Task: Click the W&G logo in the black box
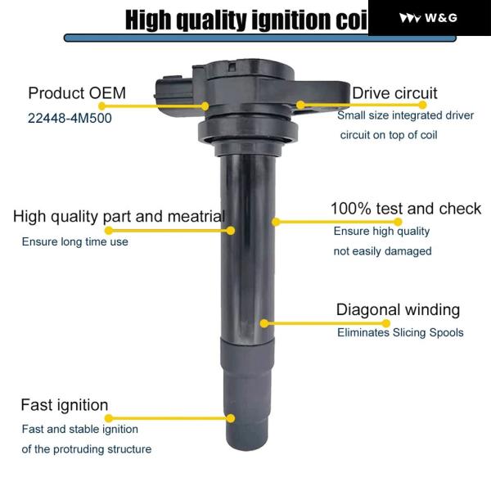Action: pos(428,18)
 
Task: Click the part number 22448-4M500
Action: pos(70,119)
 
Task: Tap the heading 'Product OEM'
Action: pos(77,93)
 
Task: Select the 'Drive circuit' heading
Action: pos(394,93)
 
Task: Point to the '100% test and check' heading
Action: pos(406,209)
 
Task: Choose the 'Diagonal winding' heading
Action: pos(398,309)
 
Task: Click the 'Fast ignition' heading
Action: pos(65,405)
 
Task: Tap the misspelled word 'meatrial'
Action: pos(196,216)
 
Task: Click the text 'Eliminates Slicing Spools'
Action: pos(400,332)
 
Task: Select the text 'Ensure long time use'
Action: pos(74,241)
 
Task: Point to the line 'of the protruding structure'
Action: pos(87,449)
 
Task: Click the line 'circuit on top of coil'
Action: pos(389,135)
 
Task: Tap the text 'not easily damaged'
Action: pos(382,251)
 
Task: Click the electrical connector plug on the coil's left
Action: pos(173,92)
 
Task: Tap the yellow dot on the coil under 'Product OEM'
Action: pos(205,106)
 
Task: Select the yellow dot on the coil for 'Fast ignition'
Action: pos(231,418)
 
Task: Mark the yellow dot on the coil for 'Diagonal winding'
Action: pos(264,323)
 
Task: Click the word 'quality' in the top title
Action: pos(212,20)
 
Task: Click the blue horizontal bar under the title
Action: pos(260,38)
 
